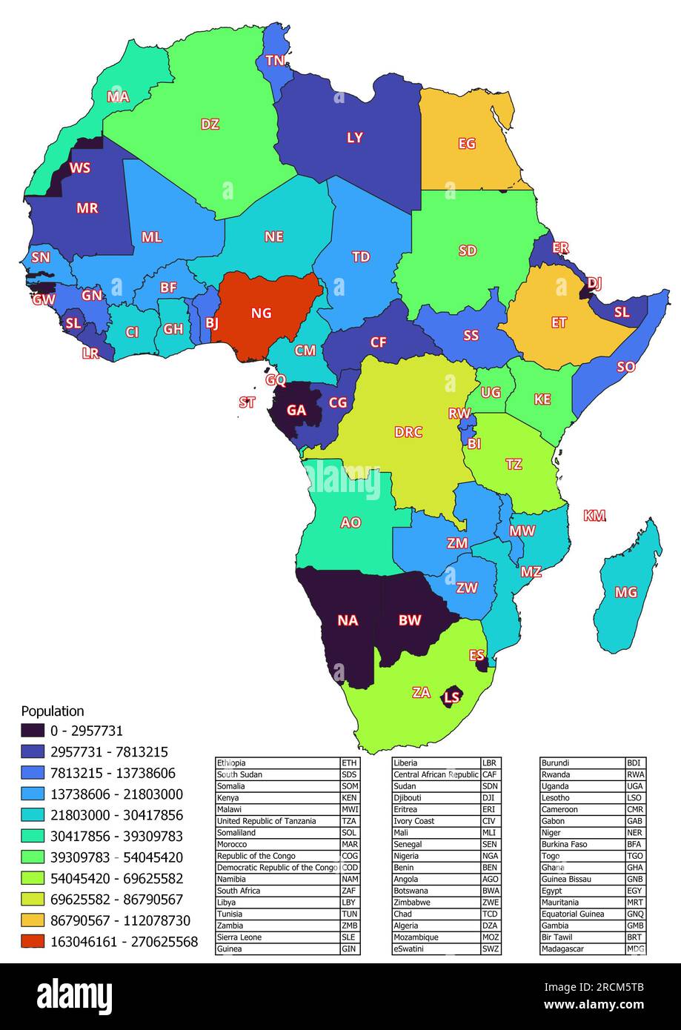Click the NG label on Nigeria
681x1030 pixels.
click(261, 313)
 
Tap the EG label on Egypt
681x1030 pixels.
click(467, 144)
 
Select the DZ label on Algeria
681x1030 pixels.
click(210, 124)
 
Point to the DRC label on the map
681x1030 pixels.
click(408, 432)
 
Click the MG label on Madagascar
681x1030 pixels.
click(626, 593)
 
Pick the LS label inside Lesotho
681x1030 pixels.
click(452, 697)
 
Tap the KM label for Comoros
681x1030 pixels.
click(594, 516)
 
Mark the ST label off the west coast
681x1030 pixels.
click(247, 403)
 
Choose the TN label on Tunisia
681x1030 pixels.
click(275, 60)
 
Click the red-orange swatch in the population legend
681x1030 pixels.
click(33, 942)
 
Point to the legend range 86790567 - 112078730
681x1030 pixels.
click(120, 920)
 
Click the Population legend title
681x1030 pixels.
click(53, 711)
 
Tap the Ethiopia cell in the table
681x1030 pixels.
click(231, 762)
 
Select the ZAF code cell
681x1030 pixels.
click(349, 891)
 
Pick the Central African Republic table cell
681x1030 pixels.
click(436, 774)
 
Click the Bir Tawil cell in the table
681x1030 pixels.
click(557, 937)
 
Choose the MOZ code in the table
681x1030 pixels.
click(491, 937)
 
